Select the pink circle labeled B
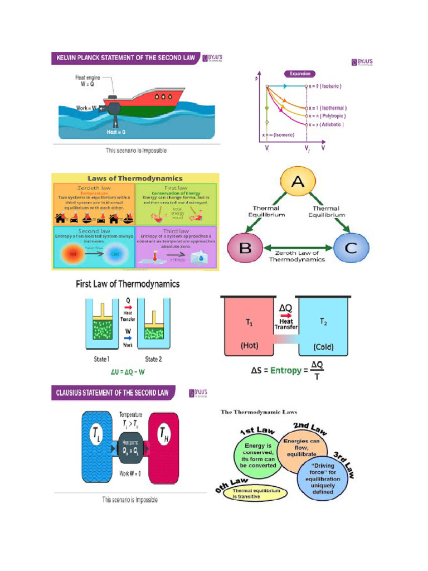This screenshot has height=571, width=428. click(245, 248)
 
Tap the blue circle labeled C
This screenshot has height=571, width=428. click(351, 248)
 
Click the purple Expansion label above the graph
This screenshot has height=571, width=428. click(300, 74)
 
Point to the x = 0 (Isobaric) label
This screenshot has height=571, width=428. click(325, 86)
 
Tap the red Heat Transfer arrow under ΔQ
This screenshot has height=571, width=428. click(285, 314)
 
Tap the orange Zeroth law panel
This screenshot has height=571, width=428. click(93, 203)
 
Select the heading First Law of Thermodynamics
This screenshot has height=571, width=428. click(128, 284)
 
